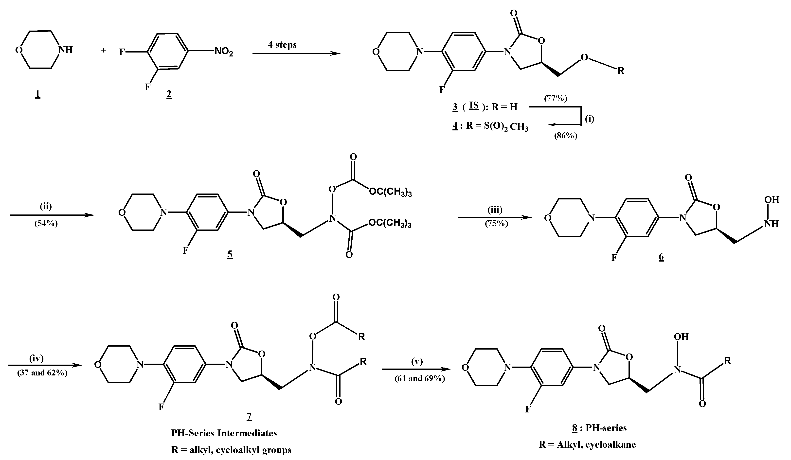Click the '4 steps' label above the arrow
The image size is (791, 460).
282,45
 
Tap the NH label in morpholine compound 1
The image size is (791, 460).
65,50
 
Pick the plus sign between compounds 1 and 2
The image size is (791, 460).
104,50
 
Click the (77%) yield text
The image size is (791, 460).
556,98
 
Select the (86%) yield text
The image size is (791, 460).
566,136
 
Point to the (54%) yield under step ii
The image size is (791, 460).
46,224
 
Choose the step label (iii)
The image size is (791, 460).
495,209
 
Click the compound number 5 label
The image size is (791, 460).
230,255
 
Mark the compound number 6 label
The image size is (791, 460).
661,257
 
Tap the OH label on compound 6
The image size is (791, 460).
771,200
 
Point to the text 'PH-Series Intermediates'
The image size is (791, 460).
224,433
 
